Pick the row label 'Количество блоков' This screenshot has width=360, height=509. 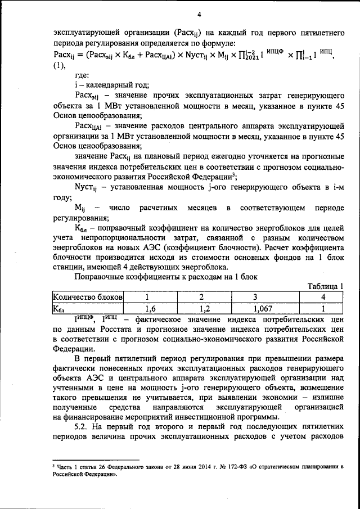tap(87, 297)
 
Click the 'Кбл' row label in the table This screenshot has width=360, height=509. tap(59, 308)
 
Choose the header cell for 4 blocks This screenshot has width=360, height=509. tap(322, 297)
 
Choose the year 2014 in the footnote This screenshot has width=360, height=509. tap(185, 467)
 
